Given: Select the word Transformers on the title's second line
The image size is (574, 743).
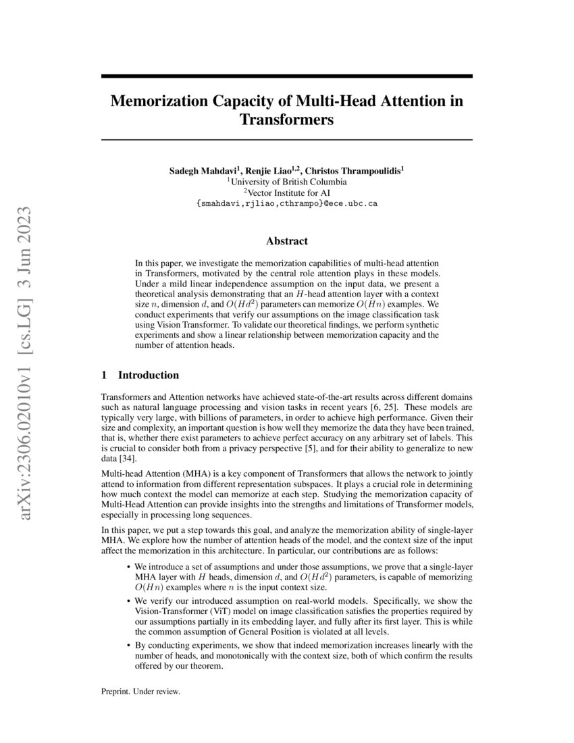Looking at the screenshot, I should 286,121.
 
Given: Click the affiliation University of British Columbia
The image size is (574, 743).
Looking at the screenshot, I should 288,182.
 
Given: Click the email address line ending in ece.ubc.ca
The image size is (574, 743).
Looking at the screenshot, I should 286,203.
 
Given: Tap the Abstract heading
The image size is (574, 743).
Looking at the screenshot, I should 286,240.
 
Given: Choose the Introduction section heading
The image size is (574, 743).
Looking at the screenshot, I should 148,375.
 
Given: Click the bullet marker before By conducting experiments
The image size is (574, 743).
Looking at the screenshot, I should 128,645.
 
